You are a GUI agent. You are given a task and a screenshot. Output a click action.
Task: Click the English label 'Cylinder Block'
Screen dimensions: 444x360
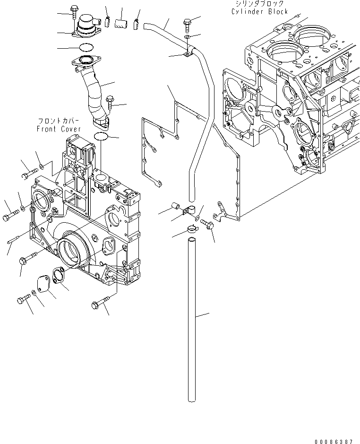[x=259, y=11]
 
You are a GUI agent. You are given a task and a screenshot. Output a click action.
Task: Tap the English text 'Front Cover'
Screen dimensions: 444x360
[x=59, y=129]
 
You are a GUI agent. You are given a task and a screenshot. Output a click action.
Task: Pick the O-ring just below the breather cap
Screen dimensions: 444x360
[x=86, y=47]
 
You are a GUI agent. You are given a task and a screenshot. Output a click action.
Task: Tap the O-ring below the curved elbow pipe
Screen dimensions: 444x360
[x=101, y=137]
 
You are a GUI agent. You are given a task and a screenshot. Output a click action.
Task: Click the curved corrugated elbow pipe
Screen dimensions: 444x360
[x=96, y=92]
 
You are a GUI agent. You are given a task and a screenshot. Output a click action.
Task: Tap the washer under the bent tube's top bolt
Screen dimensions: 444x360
[x=188, y=36]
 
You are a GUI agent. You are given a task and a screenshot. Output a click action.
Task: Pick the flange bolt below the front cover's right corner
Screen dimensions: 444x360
[x=100, y=303]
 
